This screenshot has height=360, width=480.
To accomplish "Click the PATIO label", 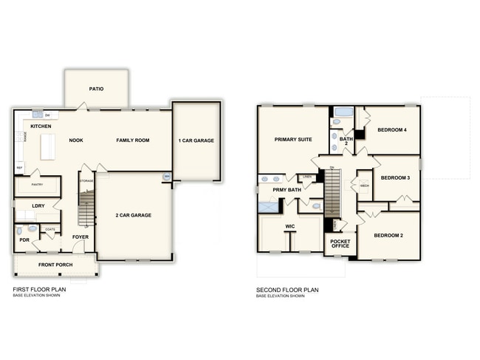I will [x=96, y=89].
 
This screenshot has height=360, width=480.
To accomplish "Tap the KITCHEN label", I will [x=41, y=126].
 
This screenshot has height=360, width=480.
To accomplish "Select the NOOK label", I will [x=76, y=140].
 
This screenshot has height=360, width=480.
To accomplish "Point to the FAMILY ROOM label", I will [x=133, y=140].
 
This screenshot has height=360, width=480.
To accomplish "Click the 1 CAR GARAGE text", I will [x=196, y=140].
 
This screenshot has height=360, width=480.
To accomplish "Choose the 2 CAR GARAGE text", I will [x=134, y=215].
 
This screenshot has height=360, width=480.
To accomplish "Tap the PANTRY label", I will [x=37, y=185].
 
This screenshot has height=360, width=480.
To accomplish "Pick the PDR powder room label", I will [x=24, y=240].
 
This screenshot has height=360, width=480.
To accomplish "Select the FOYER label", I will [x=80, y=237].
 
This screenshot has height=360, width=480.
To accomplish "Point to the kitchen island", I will [x=48, y=146].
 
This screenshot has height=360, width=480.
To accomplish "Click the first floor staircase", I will [x=86, y=208].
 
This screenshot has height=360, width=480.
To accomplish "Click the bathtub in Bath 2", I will [x=342, y=113].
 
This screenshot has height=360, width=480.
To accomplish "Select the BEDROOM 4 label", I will [x=392, y=130].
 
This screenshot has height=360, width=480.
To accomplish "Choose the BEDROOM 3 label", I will [x=395, y=178].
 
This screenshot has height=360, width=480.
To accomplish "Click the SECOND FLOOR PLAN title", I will [x=287, y=290].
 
